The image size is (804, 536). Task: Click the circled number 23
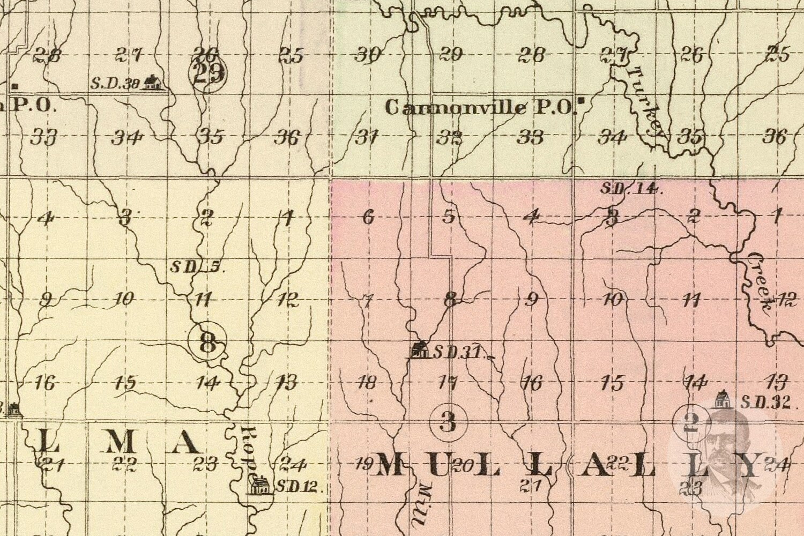click(x=209, y=73)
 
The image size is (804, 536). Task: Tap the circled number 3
click(x=448, y=422)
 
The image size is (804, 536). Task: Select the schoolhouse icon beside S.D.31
click(x=420, y=351)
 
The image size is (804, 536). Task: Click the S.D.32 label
click(x=765, y=402)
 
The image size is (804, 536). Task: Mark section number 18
click(x=367, y=383)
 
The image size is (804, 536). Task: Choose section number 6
click(x=368, y=217)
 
